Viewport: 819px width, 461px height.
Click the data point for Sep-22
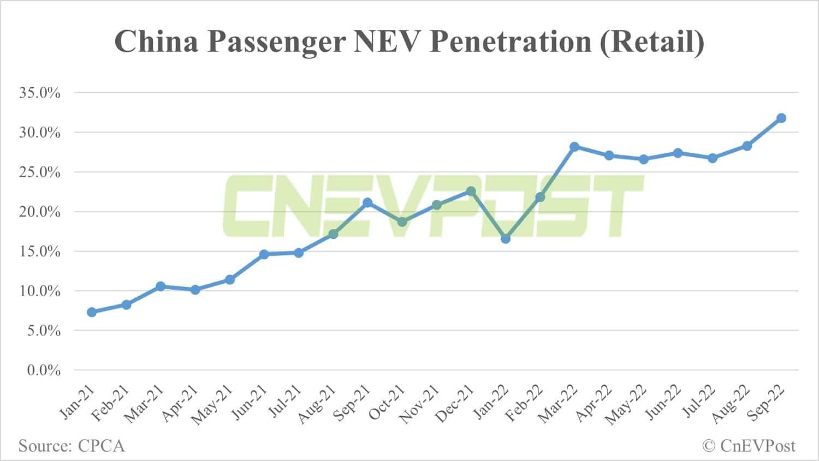[781, 118]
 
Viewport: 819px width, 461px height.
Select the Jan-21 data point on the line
[92, 312]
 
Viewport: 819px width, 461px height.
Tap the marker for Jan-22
[506, 238]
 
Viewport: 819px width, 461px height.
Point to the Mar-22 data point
[574, 147]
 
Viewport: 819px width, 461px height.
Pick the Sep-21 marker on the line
[367, 203]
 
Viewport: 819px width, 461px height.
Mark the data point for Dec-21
[471, 191]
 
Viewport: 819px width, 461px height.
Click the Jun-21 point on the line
[264, 254]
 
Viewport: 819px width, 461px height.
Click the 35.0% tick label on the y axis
[40, 93]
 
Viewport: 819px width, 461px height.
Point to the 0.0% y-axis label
[43, 370]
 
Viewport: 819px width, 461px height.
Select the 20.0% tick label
[40, 212]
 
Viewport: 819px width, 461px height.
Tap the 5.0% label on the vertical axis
[43, 331]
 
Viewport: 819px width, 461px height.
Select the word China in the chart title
[156, 41]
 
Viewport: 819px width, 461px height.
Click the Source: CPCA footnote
[72, 446]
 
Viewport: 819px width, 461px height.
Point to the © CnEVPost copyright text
[749, 446]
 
